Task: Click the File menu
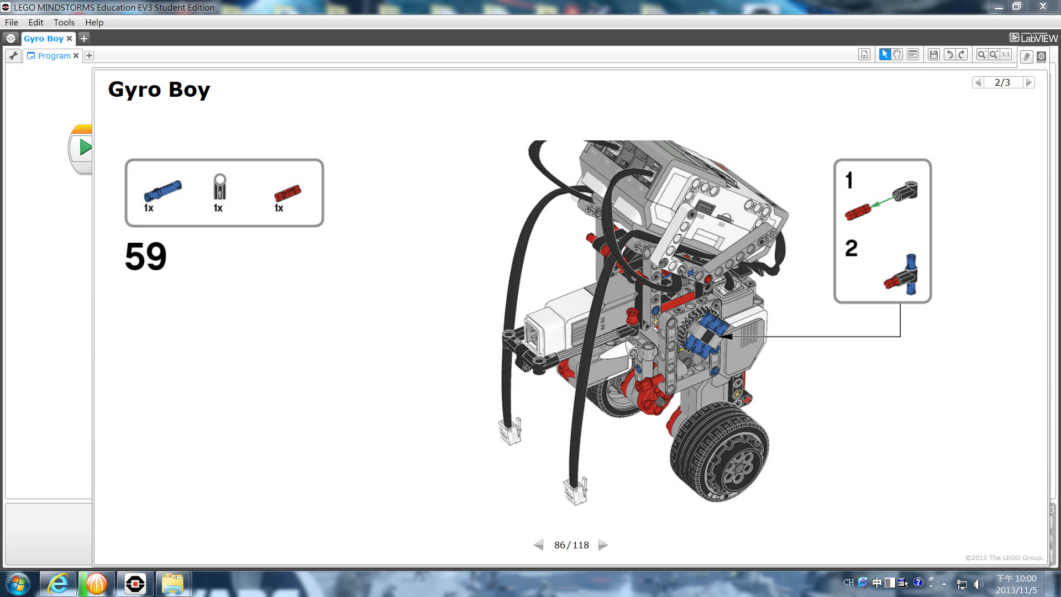(x=11, y=22)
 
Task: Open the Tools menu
(x=64, y=22)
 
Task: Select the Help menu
(x=94, y=22)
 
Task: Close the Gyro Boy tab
(x=69, y=39)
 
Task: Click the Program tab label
(x=54, y=56)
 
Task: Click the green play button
(x=85, y=148)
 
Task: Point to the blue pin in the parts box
(x=162, y=191)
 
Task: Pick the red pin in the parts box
(x=287, y=193)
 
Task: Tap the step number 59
(x=145, y=256)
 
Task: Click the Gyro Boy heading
(x=159, y=90)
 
